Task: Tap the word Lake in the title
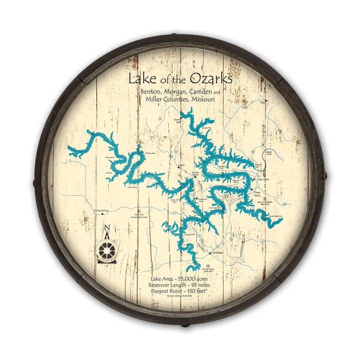139,79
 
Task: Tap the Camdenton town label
216,253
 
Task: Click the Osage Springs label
101,211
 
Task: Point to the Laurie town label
181,164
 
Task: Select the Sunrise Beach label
198,172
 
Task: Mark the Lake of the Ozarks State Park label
267,201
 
